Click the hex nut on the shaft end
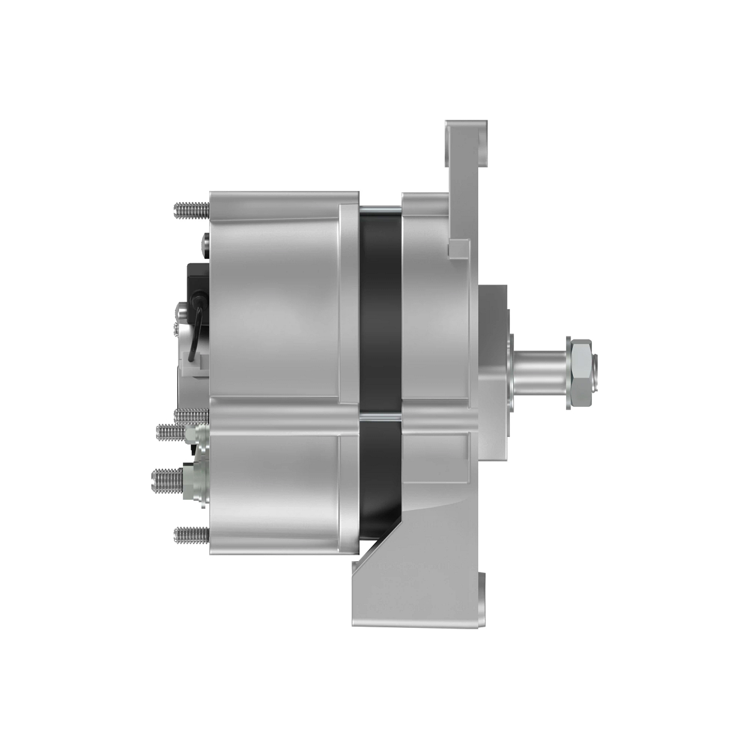tap(581, 375)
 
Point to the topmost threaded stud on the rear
tap(190, 210)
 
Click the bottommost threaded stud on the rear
tap(190, 534)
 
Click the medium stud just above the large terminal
tap(170, 431)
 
